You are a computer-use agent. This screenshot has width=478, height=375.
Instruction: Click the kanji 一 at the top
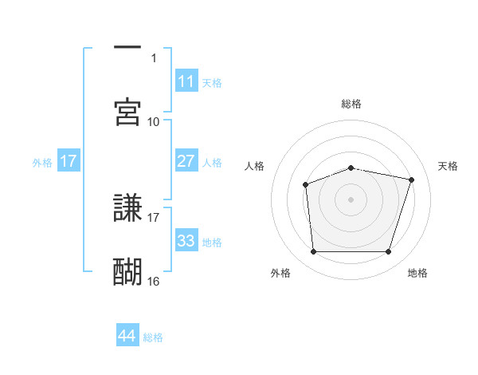tap(127, 49)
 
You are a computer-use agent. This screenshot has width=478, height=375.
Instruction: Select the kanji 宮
tap(127, 112)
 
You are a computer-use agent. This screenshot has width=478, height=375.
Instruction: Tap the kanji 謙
tap(127, 208)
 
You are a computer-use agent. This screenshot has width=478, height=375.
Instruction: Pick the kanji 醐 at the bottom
tap(127, 272)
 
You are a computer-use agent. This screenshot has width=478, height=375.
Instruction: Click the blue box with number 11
tap(186, 81)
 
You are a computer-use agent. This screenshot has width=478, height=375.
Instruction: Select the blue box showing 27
tap(186, 161)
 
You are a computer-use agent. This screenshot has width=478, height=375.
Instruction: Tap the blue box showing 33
tap(186, 241)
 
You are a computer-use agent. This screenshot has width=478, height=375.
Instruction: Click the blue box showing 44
tap(127, 336)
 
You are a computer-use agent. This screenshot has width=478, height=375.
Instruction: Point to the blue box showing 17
tap(68, 161)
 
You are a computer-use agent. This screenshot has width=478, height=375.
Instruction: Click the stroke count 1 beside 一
tap(154, 57)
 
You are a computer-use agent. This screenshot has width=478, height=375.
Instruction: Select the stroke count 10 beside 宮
tap(154, 121)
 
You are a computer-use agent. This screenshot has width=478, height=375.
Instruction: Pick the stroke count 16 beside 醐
tap(154, 281)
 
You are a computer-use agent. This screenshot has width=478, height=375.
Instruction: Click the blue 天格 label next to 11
tap(212, 82)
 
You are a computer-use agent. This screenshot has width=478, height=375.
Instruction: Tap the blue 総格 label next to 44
tap(153, 337)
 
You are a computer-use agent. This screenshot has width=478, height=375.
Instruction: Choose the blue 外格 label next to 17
tap(42, 162)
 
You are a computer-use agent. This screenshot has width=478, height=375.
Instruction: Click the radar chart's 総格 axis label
tap(351, 104)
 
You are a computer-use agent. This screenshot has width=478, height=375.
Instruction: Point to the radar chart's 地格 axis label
tap(417, 273)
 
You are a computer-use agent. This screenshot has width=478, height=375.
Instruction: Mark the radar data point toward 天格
tap(411, 180)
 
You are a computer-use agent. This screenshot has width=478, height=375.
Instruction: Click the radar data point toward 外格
tap(313, 252)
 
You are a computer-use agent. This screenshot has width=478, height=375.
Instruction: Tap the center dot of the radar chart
tap(351, 199)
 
